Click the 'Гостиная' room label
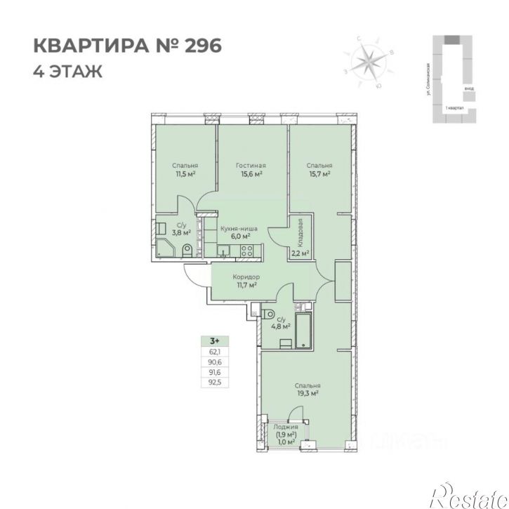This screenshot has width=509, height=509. pyautogui.click(x=250, y=165)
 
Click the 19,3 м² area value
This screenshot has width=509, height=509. pyautogui.click(x=308, y=394)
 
